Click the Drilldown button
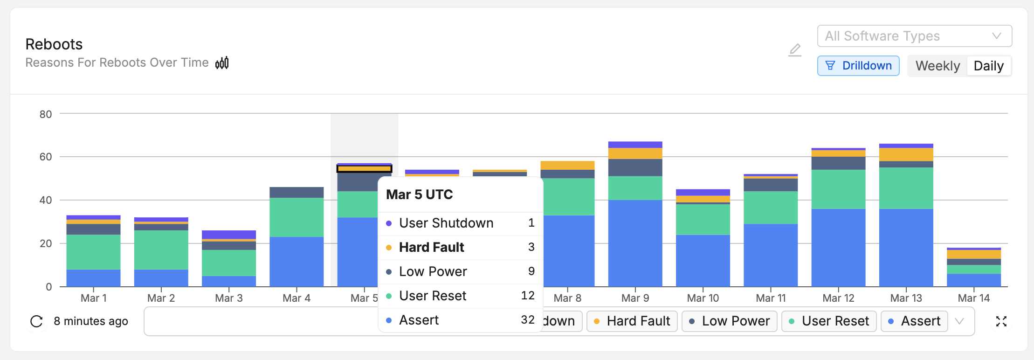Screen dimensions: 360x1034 pos(858,66)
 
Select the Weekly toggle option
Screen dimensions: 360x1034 pos(937,66)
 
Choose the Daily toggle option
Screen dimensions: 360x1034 pos(988,66)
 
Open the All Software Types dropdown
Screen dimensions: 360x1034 pos(914,36)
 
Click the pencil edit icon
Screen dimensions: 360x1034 pos(795,49)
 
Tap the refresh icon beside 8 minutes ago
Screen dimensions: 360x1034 pos(36,321)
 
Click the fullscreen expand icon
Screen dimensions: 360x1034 pos(1001,321)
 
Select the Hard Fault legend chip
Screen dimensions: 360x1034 pos(632,321)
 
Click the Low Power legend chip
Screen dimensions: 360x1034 pos(729,321)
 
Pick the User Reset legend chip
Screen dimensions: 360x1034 pos(829,321)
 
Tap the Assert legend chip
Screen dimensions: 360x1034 pos(914,321)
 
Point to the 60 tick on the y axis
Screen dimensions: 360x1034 pos(46,157)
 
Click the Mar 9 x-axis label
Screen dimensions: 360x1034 pos(635,298)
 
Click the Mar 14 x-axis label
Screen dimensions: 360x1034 pos(973,298)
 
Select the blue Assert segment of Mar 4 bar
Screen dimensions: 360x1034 pos(296,261)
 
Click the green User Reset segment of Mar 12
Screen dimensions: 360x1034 pos(838,189)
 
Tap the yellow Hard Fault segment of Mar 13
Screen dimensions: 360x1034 pos(906,154)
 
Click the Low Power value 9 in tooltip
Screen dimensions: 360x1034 pos(531,271)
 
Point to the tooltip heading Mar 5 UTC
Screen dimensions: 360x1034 pos(419,194)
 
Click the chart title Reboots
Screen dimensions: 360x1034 pos(54,44)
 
